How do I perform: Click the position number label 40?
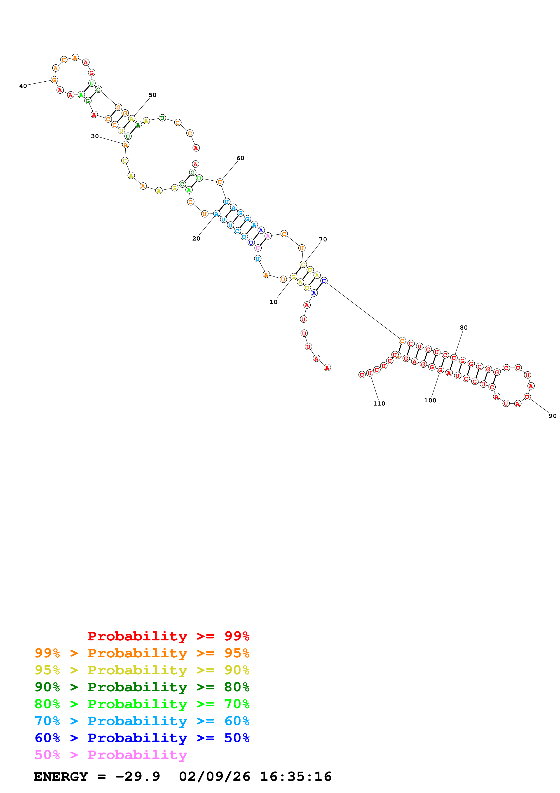click(x=23, y=86)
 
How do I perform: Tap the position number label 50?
click(x=152, y=95)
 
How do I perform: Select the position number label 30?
click(x=95, y=136)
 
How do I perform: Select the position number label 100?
click(x=430, y=400)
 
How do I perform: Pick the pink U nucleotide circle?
click(x=258, y=248)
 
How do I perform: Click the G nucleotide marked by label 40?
click(x=54, y=80)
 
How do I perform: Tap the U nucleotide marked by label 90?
click(x=527, y=397)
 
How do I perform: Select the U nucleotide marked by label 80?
click(x=454, y=358)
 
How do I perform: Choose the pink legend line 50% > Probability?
click(x=111, y=755)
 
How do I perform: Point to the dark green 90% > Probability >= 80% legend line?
click(x=142, y=687)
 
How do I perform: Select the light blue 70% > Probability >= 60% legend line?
click(x=142, y=721)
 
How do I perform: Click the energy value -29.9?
click(x=137, y=777)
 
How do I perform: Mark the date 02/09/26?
click(x=214, y=777)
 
